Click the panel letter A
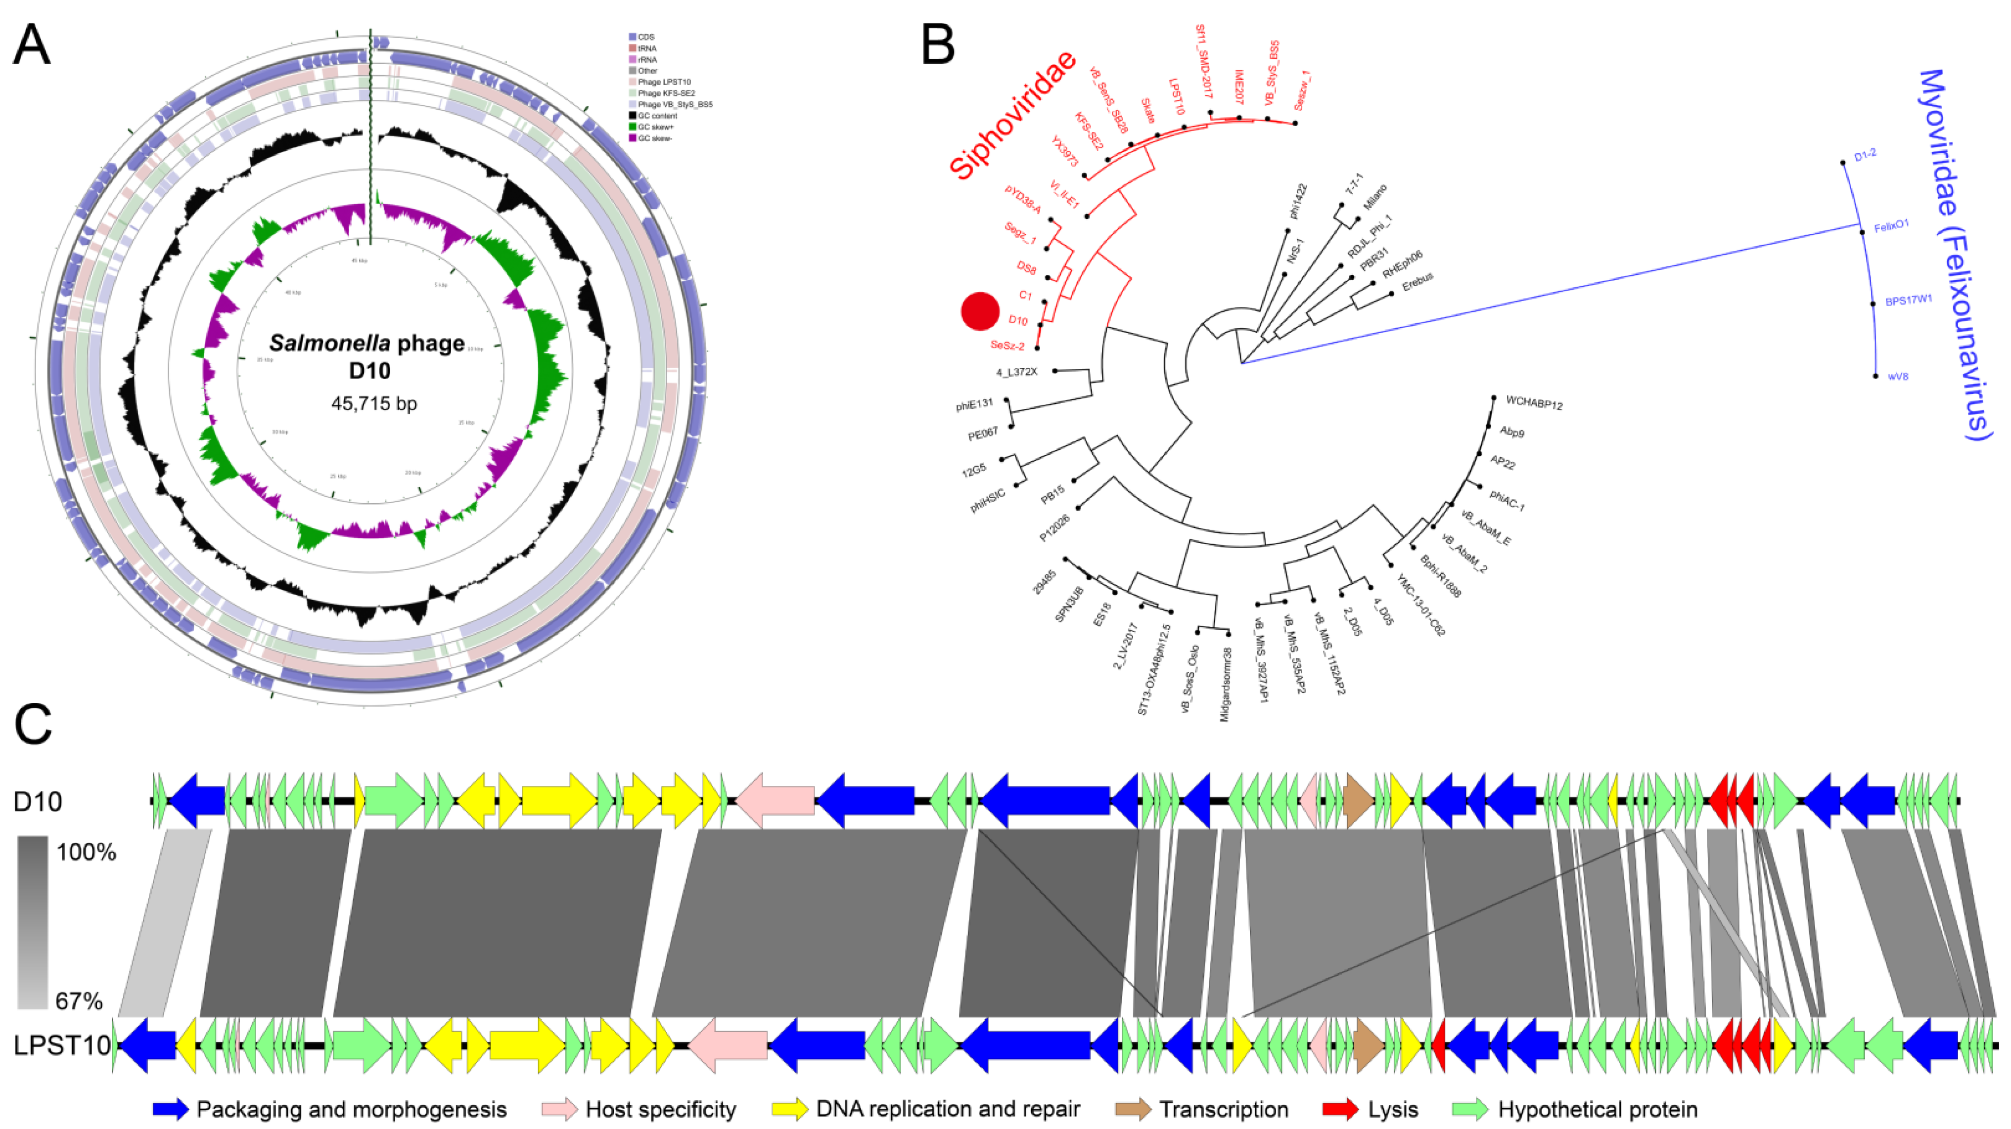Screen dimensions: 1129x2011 (32, 45)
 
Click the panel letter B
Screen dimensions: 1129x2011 (938, 45)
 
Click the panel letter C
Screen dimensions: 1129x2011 (33, 726)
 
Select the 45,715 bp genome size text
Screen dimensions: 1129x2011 (374, 403)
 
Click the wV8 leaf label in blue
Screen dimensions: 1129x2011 (1898, 376)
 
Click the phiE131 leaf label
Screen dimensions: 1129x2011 (974, 404)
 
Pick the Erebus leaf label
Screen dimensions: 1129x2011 (1417, 282)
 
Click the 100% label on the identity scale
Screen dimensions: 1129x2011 (86, 852)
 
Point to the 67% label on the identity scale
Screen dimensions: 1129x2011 (79, 1001)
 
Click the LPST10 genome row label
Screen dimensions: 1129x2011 (62, 1045)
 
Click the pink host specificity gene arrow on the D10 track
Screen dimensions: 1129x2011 (775, 800)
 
